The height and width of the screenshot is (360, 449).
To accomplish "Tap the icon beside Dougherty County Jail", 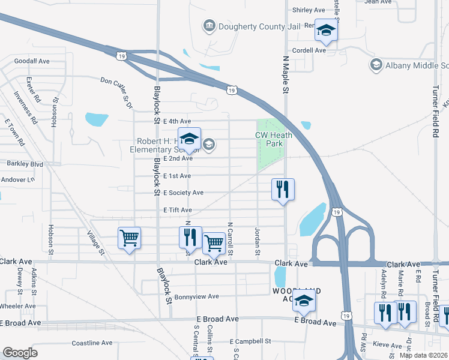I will tap(209, 25).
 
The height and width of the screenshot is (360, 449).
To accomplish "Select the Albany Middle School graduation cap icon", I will tap(376, 65).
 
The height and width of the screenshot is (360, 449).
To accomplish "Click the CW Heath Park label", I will tap(274, 139).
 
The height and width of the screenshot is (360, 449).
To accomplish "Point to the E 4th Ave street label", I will tap(177, 121).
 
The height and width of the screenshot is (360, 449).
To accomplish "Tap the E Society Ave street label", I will tap(184, 193).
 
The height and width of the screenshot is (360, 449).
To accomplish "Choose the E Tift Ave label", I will tap(178, 210).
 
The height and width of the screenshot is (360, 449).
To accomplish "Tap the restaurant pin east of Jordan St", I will tap(282, 190).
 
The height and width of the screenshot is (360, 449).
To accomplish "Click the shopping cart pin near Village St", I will tap(129, 238).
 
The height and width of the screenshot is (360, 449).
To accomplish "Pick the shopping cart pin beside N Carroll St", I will tap(213, 243).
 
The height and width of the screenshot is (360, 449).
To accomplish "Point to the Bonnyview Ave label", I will tap(196, 296).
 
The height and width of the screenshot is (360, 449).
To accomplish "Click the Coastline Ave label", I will tap(92, 343).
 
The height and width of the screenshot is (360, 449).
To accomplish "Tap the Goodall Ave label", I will tap(32, 61).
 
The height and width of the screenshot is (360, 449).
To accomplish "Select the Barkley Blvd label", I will tap(25, 163).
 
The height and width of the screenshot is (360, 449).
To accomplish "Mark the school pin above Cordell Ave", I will tap(326, 30).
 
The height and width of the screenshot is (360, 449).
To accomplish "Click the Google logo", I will tap(20, 352).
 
